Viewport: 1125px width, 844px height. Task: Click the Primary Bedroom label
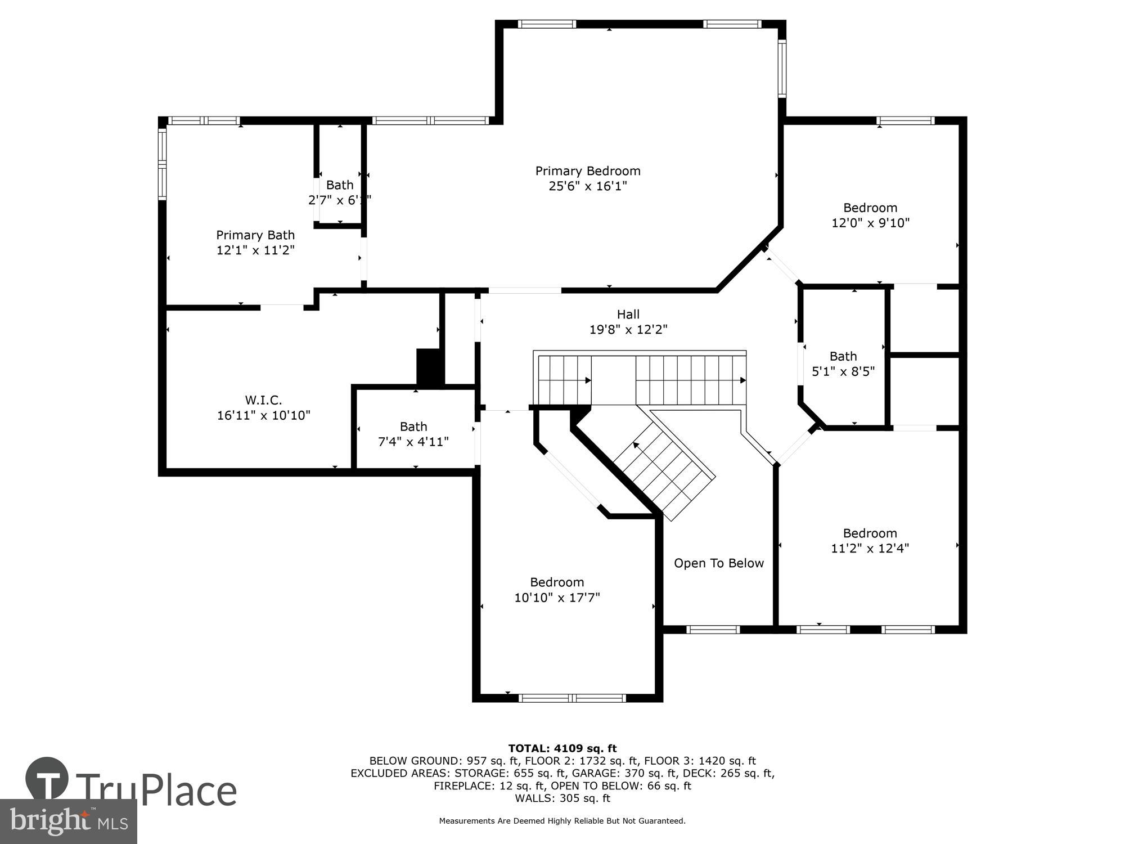[x=588, y=171]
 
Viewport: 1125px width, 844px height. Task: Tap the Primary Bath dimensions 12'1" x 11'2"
[x=255, y=250]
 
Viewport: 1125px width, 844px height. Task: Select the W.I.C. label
[x=263, y=400]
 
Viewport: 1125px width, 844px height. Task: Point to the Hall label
[x=628, y=315]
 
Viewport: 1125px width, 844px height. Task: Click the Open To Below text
[x=718, y=563]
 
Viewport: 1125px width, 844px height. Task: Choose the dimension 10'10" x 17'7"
[x=557, y=598]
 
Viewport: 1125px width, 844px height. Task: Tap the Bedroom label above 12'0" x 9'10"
[x=870, y=208]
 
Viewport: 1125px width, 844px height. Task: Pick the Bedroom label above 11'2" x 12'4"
[x=870, y=533]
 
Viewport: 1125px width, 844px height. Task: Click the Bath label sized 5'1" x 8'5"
[x=843, y=356]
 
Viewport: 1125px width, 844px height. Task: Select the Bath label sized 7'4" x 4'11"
[x=413, y=427]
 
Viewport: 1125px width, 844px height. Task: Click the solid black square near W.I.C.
[x=429, y=367]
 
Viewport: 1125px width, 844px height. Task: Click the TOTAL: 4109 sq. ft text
[x=562, y=748]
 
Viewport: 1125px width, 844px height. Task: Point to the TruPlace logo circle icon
[x=47, y=779]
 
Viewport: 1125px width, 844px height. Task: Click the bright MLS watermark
[x=68, y=821]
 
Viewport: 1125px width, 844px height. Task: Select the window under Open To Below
[x=713, y=630]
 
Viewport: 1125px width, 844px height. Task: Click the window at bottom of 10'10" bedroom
[x=572, y=698]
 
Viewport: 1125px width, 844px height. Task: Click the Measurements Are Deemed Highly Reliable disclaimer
[x=562, y=821]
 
